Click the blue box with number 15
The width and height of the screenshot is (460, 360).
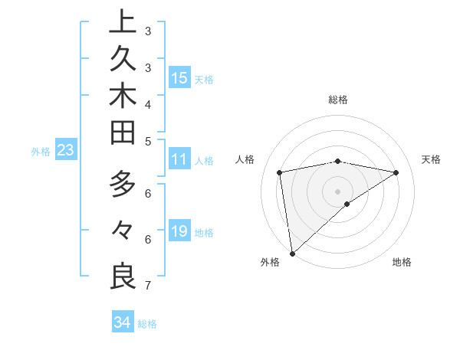point(179,78)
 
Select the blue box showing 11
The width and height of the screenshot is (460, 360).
point(179,160)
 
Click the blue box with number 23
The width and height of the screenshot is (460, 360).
point(65,151)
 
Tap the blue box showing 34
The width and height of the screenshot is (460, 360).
point(122,322)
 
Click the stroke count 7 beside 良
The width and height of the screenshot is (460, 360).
point(147,286)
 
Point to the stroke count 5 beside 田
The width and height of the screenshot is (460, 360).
point(147,141)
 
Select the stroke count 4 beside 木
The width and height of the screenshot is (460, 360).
point(147,104)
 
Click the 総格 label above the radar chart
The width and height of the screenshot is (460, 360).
point(337,100)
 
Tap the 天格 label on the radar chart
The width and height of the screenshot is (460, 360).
point(431,159)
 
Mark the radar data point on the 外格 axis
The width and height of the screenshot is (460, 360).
point(292,252)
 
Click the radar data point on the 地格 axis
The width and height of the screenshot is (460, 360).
point(347,204)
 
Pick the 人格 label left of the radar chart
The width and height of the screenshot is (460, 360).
point(245,159)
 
